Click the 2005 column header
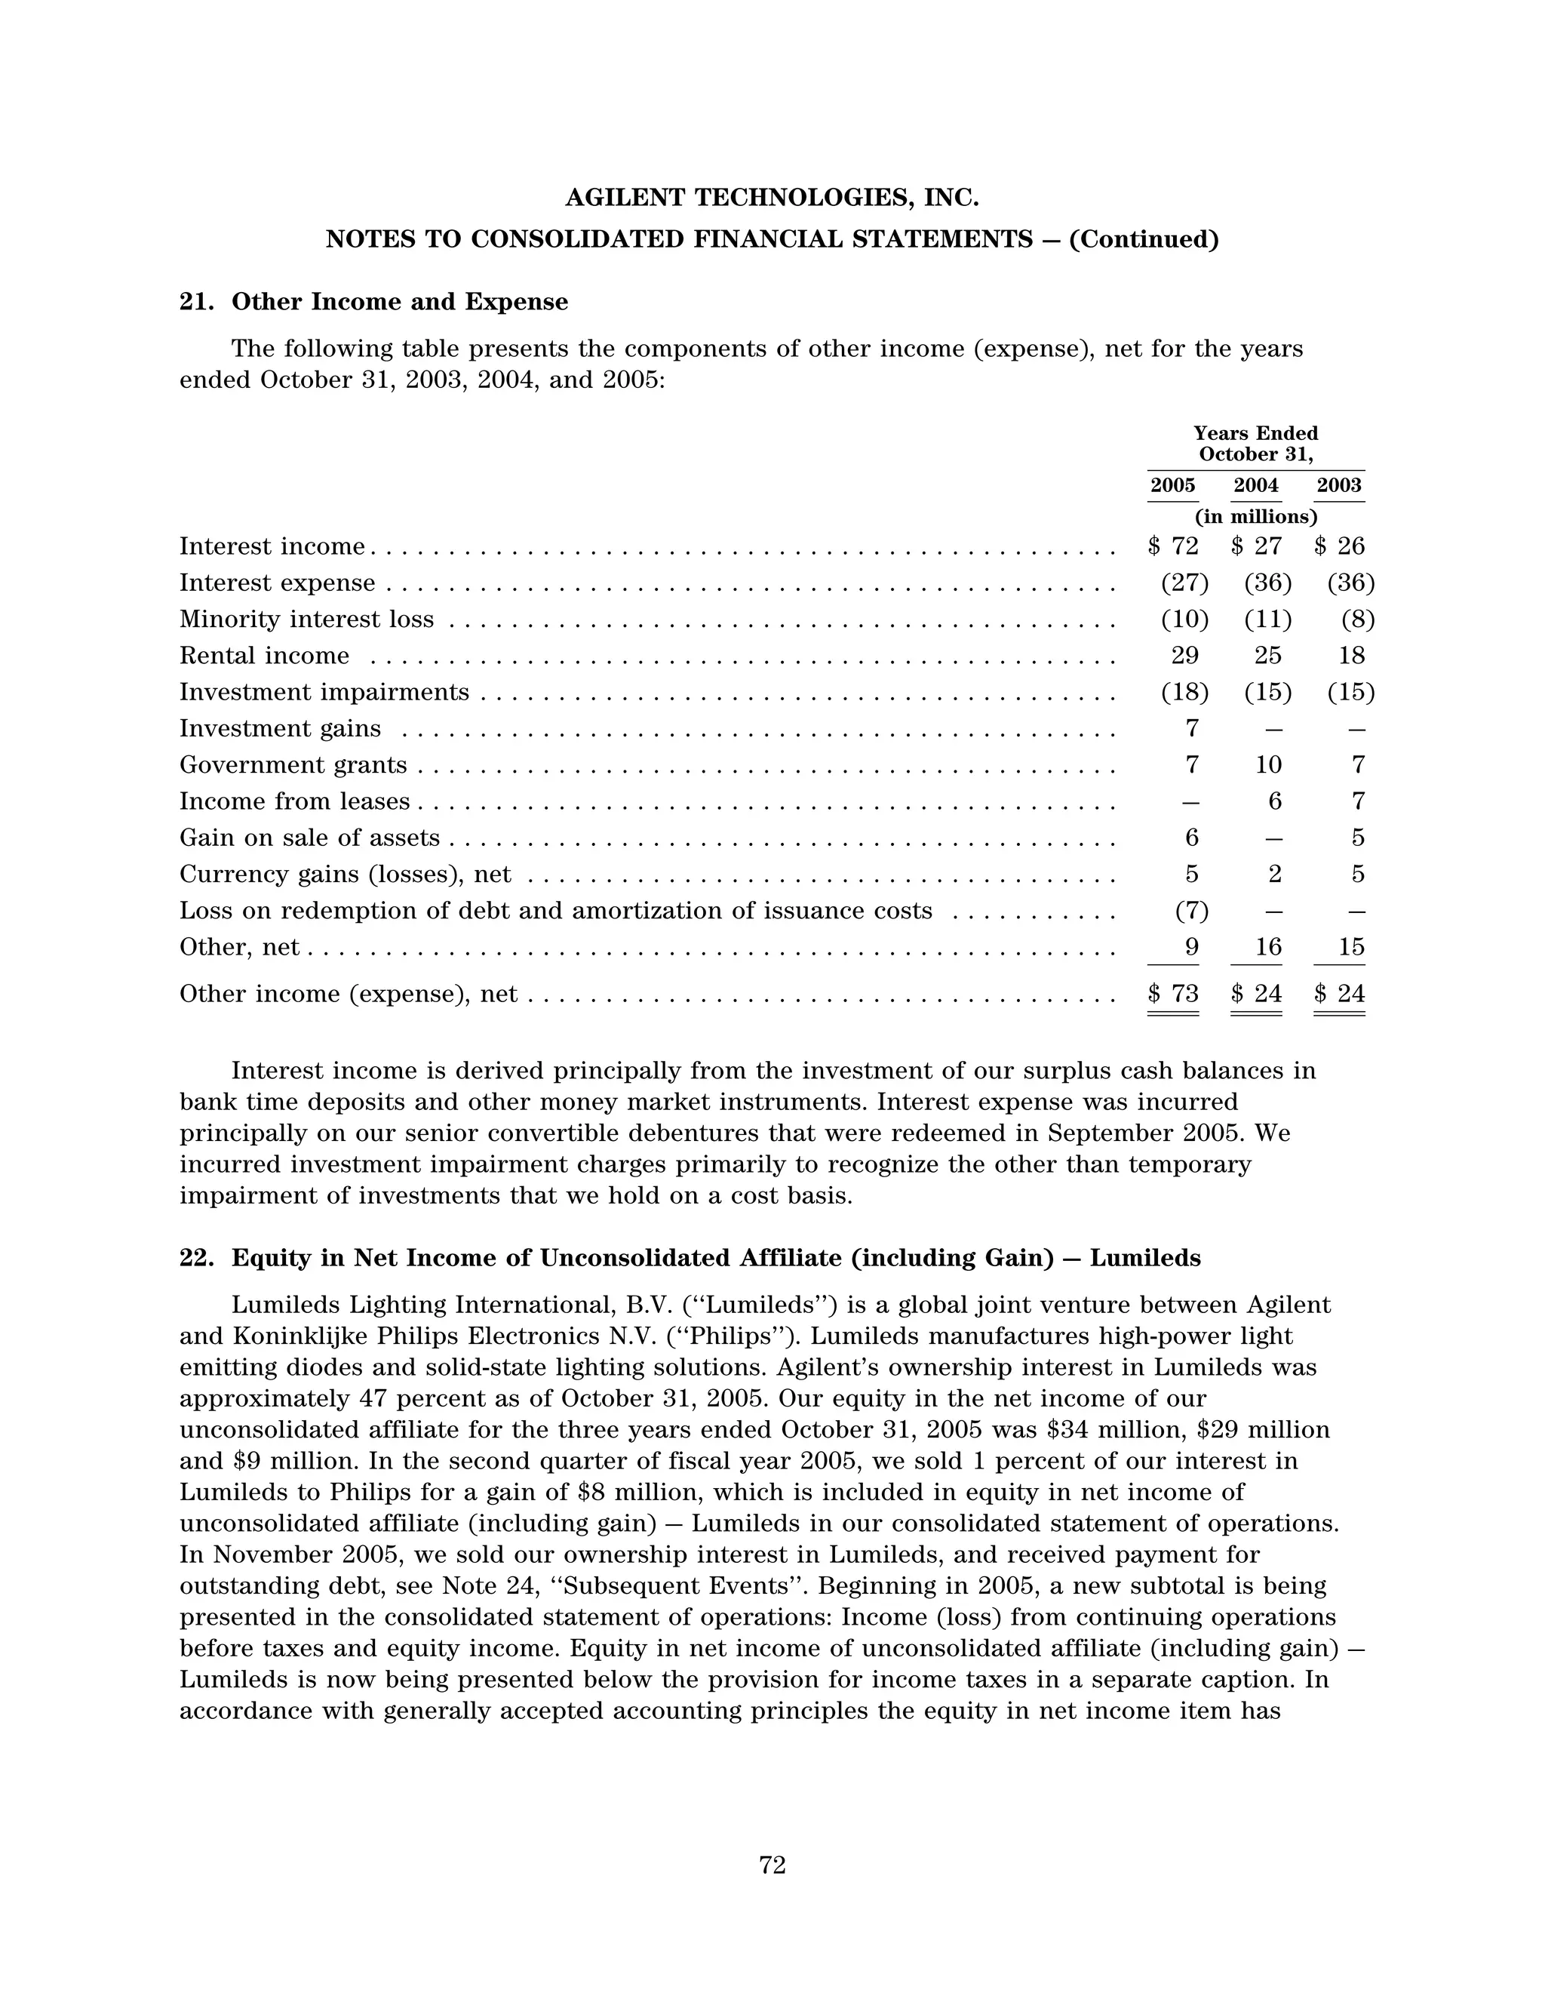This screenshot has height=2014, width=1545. [1172, 485]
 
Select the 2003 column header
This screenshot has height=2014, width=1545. [1339, 485]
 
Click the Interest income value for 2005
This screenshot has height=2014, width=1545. [1175, 546]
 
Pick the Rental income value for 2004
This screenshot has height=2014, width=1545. [1268, 656]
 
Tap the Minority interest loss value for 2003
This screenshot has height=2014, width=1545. [1357, 619]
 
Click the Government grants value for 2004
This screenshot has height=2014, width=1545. [1268, 765]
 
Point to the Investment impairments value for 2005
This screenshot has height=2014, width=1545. [1184, 693]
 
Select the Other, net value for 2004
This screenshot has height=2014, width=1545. [1268, 947]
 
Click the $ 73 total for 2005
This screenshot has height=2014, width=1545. [1175, 993]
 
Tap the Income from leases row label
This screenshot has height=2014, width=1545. [294, 801]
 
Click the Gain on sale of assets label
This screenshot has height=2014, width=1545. [309, 838]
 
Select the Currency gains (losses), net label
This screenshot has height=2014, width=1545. [345, 874]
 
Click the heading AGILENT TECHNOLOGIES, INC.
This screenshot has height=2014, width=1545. [772, 198]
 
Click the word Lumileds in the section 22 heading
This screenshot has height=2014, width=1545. [1145, 1257]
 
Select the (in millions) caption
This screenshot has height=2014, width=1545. [1255, 516]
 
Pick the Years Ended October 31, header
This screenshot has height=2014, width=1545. [1255, 443]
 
